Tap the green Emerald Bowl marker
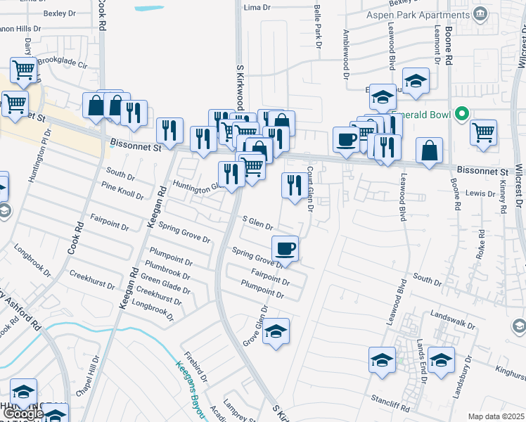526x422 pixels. (462, 113)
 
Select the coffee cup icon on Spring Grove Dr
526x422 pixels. (285, 248)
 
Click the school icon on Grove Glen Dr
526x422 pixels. (276, 331)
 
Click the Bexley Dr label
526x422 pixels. (59, 13)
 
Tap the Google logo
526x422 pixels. (23, 414)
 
